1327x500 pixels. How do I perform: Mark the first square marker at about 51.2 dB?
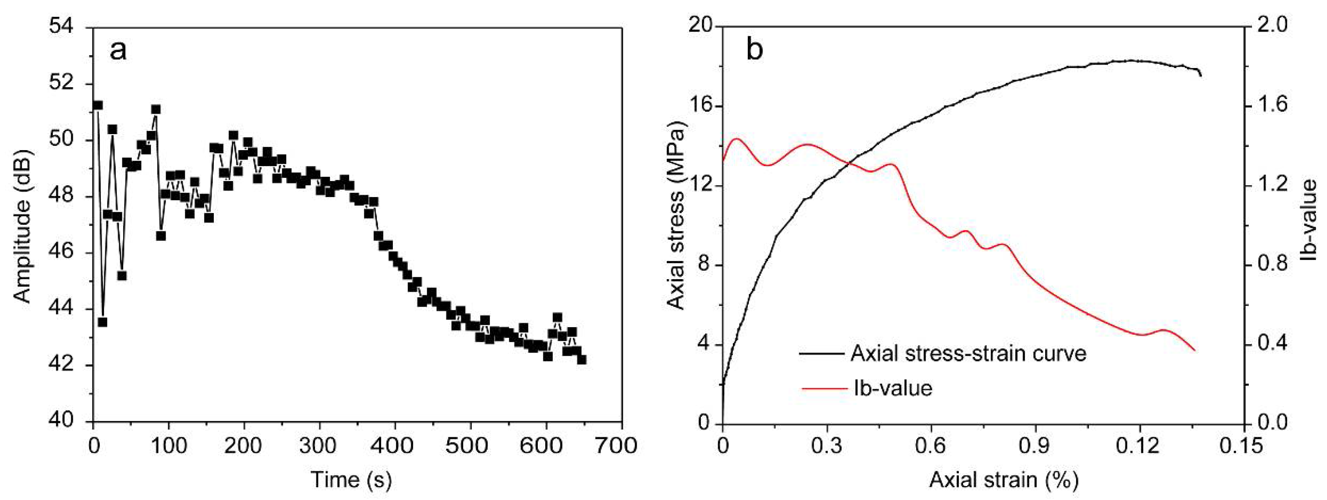point(97,105)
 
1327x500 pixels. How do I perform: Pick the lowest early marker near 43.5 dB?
point(102,322)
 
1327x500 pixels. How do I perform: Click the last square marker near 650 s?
point(582,360)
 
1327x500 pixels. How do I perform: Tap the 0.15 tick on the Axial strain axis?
point(1245,445)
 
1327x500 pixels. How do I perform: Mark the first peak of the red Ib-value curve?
point(737,139)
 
